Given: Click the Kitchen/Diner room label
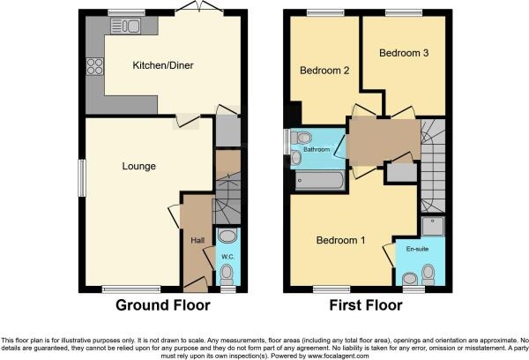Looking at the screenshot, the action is point(163,65).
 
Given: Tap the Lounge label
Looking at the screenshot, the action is point(139,166).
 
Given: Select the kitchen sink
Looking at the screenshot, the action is point(125,26).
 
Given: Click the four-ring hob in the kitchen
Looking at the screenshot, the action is point(95,66).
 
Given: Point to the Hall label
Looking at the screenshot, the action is point(197,241).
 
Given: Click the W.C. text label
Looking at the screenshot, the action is point(228,257).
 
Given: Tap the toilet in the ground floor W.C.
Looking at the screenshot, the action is point(227,274).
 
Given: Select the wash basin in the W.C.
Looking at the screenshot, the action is point(227,236).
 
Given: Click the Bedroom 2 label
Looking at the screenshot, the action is point(324,71).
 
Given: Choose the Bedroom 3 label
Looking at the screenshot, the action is point(404,53).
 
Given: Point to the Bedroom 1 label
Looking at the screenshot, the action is point(340,240).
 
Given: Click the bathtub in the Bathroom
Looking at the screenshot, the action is point(319,181).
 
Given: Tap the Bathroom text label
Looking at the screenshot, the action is point(317,149).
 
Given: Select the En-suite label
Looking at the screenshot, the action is point(417,249).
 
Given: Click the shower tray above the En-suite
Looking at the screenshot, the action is point(433,226).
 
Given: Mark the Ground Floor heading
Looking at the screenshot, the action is point(163,305).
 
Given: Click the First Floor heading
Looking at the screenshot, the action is point(366,305).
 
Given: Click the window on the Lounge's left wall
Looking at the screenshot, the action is point(82,178).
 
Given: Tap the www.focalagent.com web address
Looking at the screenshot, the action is point(338,356).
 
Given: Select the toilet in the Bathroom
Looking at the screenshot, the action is point(301,138).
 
